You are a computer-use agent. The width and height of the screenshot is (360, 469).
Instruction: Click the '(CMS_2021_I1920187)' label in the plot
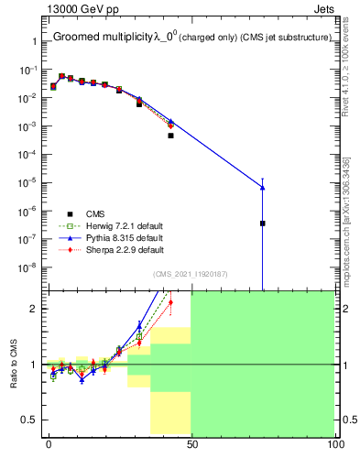[190, 273]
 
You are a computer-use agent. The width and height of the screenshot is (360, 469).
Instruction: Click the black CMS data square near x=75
[262, 223]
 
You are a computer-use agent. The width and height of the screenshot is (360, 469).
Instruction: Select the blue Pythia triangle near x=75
[262, 188]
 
